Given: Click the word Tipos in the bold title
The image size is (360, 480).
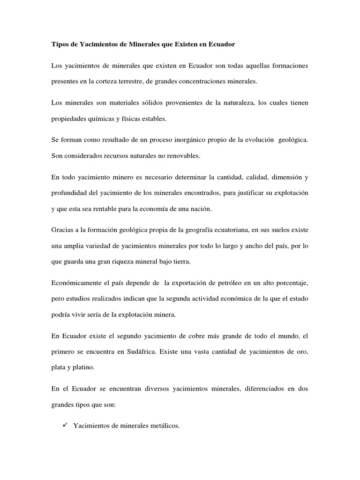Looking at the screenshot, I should tap(59, 45).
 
